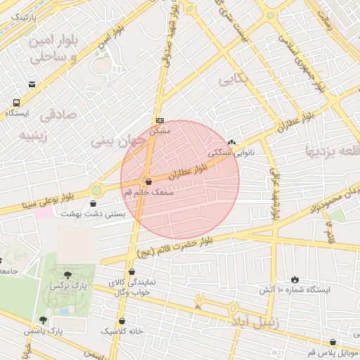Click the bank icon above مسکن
coord(160,120)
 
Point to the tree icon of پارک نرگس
coord(67,276)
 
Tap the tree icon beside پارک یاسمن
coord(43,320)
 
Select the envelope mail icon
coord(32,85)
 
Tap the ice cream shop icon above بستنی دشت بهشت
coord(94,203)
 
